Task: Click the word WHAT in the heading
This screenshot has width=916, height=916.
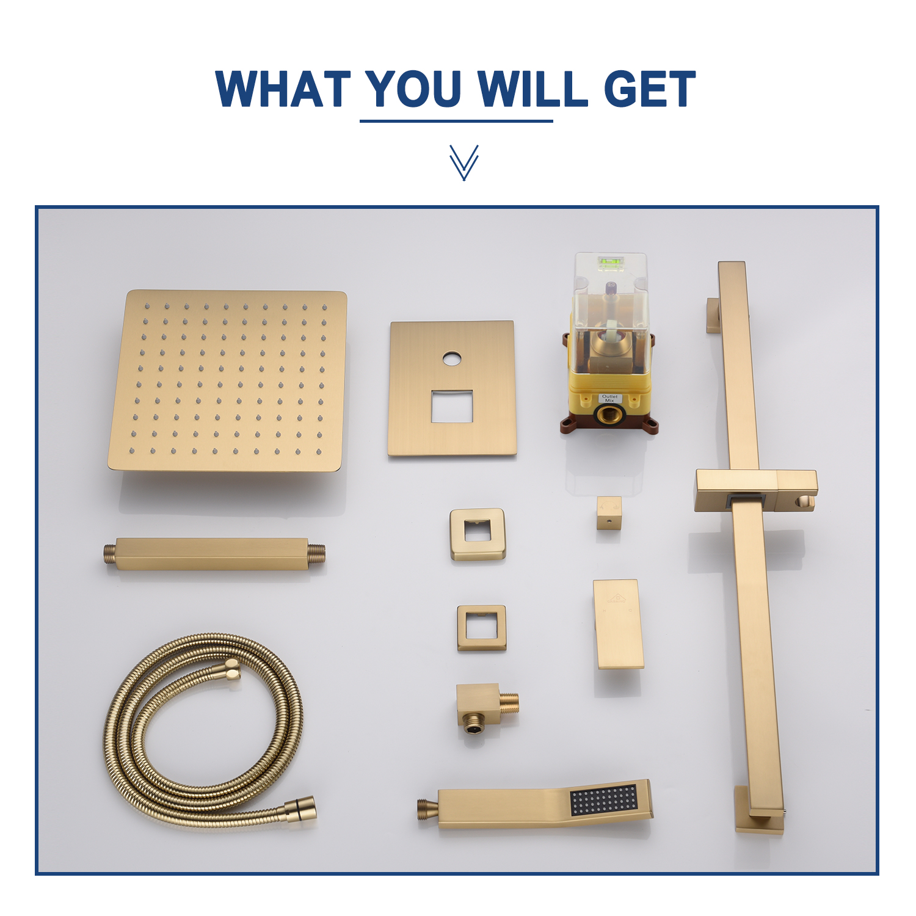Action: click(x=283, y=89)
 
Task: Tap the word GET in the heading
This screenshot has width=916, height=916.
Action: click(x=649, y=89)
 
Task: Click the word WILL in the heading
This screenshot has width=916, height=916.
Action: click(x=532, y=89)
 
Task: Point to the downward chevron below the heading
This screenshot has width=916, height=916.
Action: click(x=463, y=162)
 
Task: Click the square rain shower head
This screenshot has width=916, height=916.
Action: click(x=227, y=382)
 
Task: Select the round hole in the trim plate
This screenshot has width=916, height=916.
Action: click(x=451, y=358)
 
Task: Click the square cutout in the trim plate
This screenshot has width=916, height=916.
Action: click(x=452, y=406)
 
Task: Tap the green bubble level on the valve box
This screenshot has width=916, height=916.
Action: click(x=610, y=264)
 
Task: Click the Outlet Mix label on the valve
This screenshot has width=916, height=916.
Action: click(x=609, y=398)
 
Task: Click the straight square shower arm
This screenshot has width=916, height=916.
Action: click(x=214, y=554)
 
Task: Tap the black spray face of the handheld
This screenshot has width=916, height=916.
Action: click(x=605, y=800)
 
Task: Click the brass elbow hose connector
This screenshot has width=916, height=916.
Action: click(x=486, y=708)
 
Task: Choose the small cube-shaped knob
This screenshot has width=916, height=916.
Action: click(x=609, y=512)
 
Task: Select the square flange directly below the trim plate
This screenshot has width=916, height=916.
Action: click(x=478, y=534)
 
